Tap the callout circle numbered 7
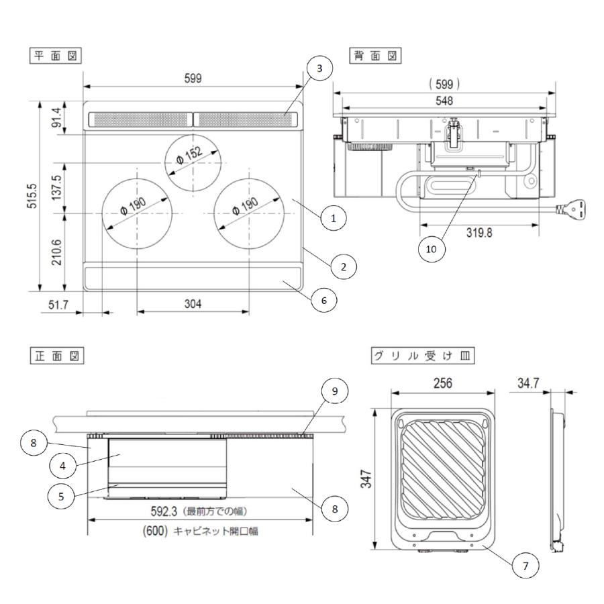525,566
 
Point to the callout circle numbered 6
323,301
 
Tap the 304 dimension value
193,304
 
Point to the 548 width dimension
444,101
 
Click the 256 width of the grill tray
442,383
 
